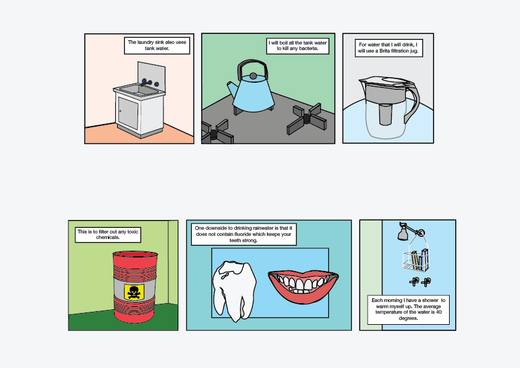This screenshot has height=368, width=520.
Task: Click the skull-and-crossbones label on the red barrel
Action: [x=134, y=291]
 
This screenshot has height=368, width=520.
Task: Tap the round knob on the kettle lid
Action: [x=253, y=76]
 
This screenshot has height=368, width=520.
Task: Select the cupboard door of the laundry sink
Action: [x=128, y=113]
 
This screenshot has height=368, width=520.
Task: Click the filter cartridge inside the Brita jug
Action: [x=385, y=114]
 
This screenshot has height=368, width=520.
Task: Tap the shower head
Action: [x=403, y=233]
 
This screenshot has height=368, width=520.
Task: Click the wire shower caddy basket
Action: [x=416, y=260]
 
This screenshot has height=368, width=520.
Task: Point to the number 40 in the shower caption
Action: [x=439, y=312]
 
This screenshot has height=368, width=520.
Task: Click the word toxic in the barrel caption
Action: [x=133, y=232]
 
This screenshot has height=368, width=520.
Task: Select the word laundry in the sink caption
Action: [x=146, y=42]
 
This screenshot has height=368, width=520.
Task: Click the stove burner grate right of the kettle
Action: [x=307, y=119]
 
